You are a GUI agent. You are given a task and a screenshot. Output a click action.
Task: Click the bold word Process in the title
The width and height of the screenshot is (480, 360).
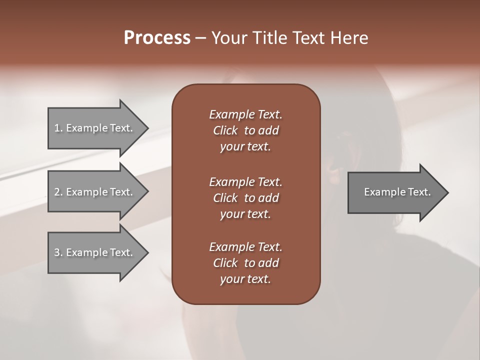click(157, 38)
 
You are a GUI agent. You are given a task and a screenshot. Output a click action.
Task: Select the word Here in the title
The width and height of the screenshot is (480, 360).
click(349, 38)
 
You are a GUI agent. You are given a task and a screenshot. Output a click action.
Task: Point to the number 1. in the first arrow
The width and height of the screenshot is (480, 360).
click(58, 128)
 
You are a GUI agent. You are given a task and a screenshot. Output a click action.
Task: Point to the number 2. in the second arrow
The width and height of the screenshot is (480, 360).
click(58, 192)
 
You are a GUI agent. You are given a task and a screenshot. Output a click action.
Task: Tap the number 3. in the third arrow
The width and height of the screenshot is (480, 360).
click(58, 252)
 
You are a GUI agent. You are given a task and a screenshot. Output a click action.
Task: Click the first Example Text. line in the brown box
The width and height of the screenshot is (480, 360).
click(245, 114)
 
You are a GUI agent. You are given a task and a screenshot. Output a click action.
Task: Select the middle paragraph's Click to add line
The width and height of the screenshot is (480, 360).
click(245, 198)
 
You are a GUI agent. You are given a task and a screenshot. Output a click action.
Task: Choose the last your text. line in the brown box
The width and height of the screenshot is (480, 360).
click(245, 279)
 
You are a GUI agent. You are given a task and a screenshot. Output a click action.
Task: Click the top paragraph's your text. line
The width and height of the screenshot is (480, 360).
click(245, 147)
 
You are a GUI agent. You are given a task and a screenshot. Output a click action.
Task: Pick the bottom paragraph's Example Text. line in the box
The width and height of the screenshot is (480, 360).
click(245, 247)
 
